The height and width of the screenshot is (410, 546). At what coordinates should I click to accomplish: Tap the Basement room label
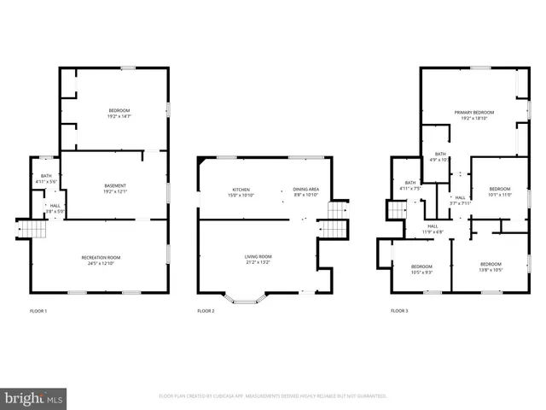pyautogui.click(x=115, y=189)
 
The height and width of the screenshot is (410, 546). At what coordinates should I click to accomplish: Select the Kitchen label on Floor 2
pyautogui.click(x=241, y=191)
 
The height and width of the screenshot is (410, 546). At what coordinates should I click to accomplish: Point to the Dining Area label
pyautogui.click(x=305, y=191)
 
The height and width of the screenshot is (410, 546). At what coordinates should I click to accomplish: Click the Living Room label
pyautogui.click(x=258, y=259)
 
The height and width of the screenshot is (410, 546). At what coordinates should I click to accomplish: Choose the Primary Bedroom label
pyautogui.click(x=473, y=115)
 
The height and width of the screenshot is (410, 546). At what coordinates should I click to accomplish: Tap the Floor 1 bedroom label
pyautogui.click(x=119, y=113)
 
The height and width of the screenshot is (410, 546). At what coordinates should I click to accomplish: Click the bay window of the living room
pyautogui.click(x=246, y=300)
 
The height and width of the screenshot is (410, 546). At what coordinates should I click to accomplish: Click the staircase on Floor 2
pyautogui.click(x=333, y=228)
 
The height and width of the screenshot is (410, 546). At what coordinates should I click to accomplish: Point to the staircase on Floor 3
pyautogui.click(x=397, y=210)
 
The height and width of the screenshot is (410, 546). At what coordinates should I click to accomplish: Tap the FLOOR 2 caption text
pyautogui.click(x=206, y=311)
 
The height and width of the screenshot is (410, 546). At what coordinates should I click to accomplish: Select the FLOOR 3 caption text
pyautogui.click(x=399, y=311)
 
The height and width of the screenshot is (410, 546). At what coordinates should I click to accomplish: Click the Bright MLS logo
pyautogui.click(x=34, y=398)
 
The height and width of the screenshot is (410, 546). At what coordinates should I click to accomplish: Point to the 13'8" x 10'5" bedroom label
pyautogui.click(x=490, y=266)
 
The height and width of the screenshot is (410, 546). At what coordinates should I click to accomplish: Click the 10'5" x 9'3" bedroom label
pyautogui.click(x=421, y=268)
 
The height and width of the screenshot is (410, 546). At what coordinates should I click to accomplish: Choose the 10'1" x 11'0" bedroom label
pyautogui.click(x=500, y=191)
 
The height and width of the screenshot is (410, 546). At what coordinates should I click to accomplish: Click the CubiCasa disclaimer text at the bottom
pyautogui.click(x=273, y=396)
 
